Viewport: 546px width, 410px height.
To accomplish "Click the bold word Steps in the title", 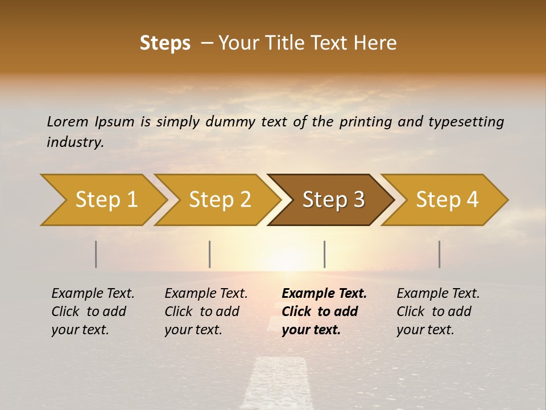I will tap(165, 43).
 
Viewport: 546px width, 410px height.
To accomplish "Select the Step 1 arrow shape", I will tap(102, 200).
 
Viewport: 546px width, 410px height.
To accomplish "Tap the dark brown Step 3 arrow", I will tap(332, 200).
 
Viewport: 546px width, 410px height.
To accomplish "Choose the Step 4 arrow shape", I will tap(445, 200).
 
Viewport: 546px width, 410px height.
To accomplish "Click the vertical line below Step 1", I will tap(96, 254).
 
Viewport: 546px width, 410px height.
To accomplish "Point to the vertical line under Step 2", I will tap(210, 254).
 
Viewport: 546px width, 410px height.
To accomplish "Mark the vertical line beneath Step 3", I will tap(324, 254).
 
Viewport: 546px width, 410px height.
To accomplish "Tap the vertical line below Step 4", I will tap(439, 254).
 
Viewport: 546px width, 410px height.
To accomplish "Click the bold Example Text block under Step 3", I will tap(323, 311).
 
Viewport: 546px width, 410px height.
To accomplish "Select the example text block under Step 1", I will tap(92, 311).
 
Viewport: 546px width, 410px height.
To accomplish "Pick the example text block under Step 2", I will tap(205, 311).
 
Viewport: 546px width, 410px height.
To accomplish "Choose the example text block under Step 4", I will tap(437, 311).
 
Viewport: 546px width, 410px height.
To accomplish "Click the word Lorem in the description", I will tap(67, 122).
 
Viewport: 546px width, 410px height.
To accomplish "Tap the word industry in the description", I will tap(75, 142).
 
